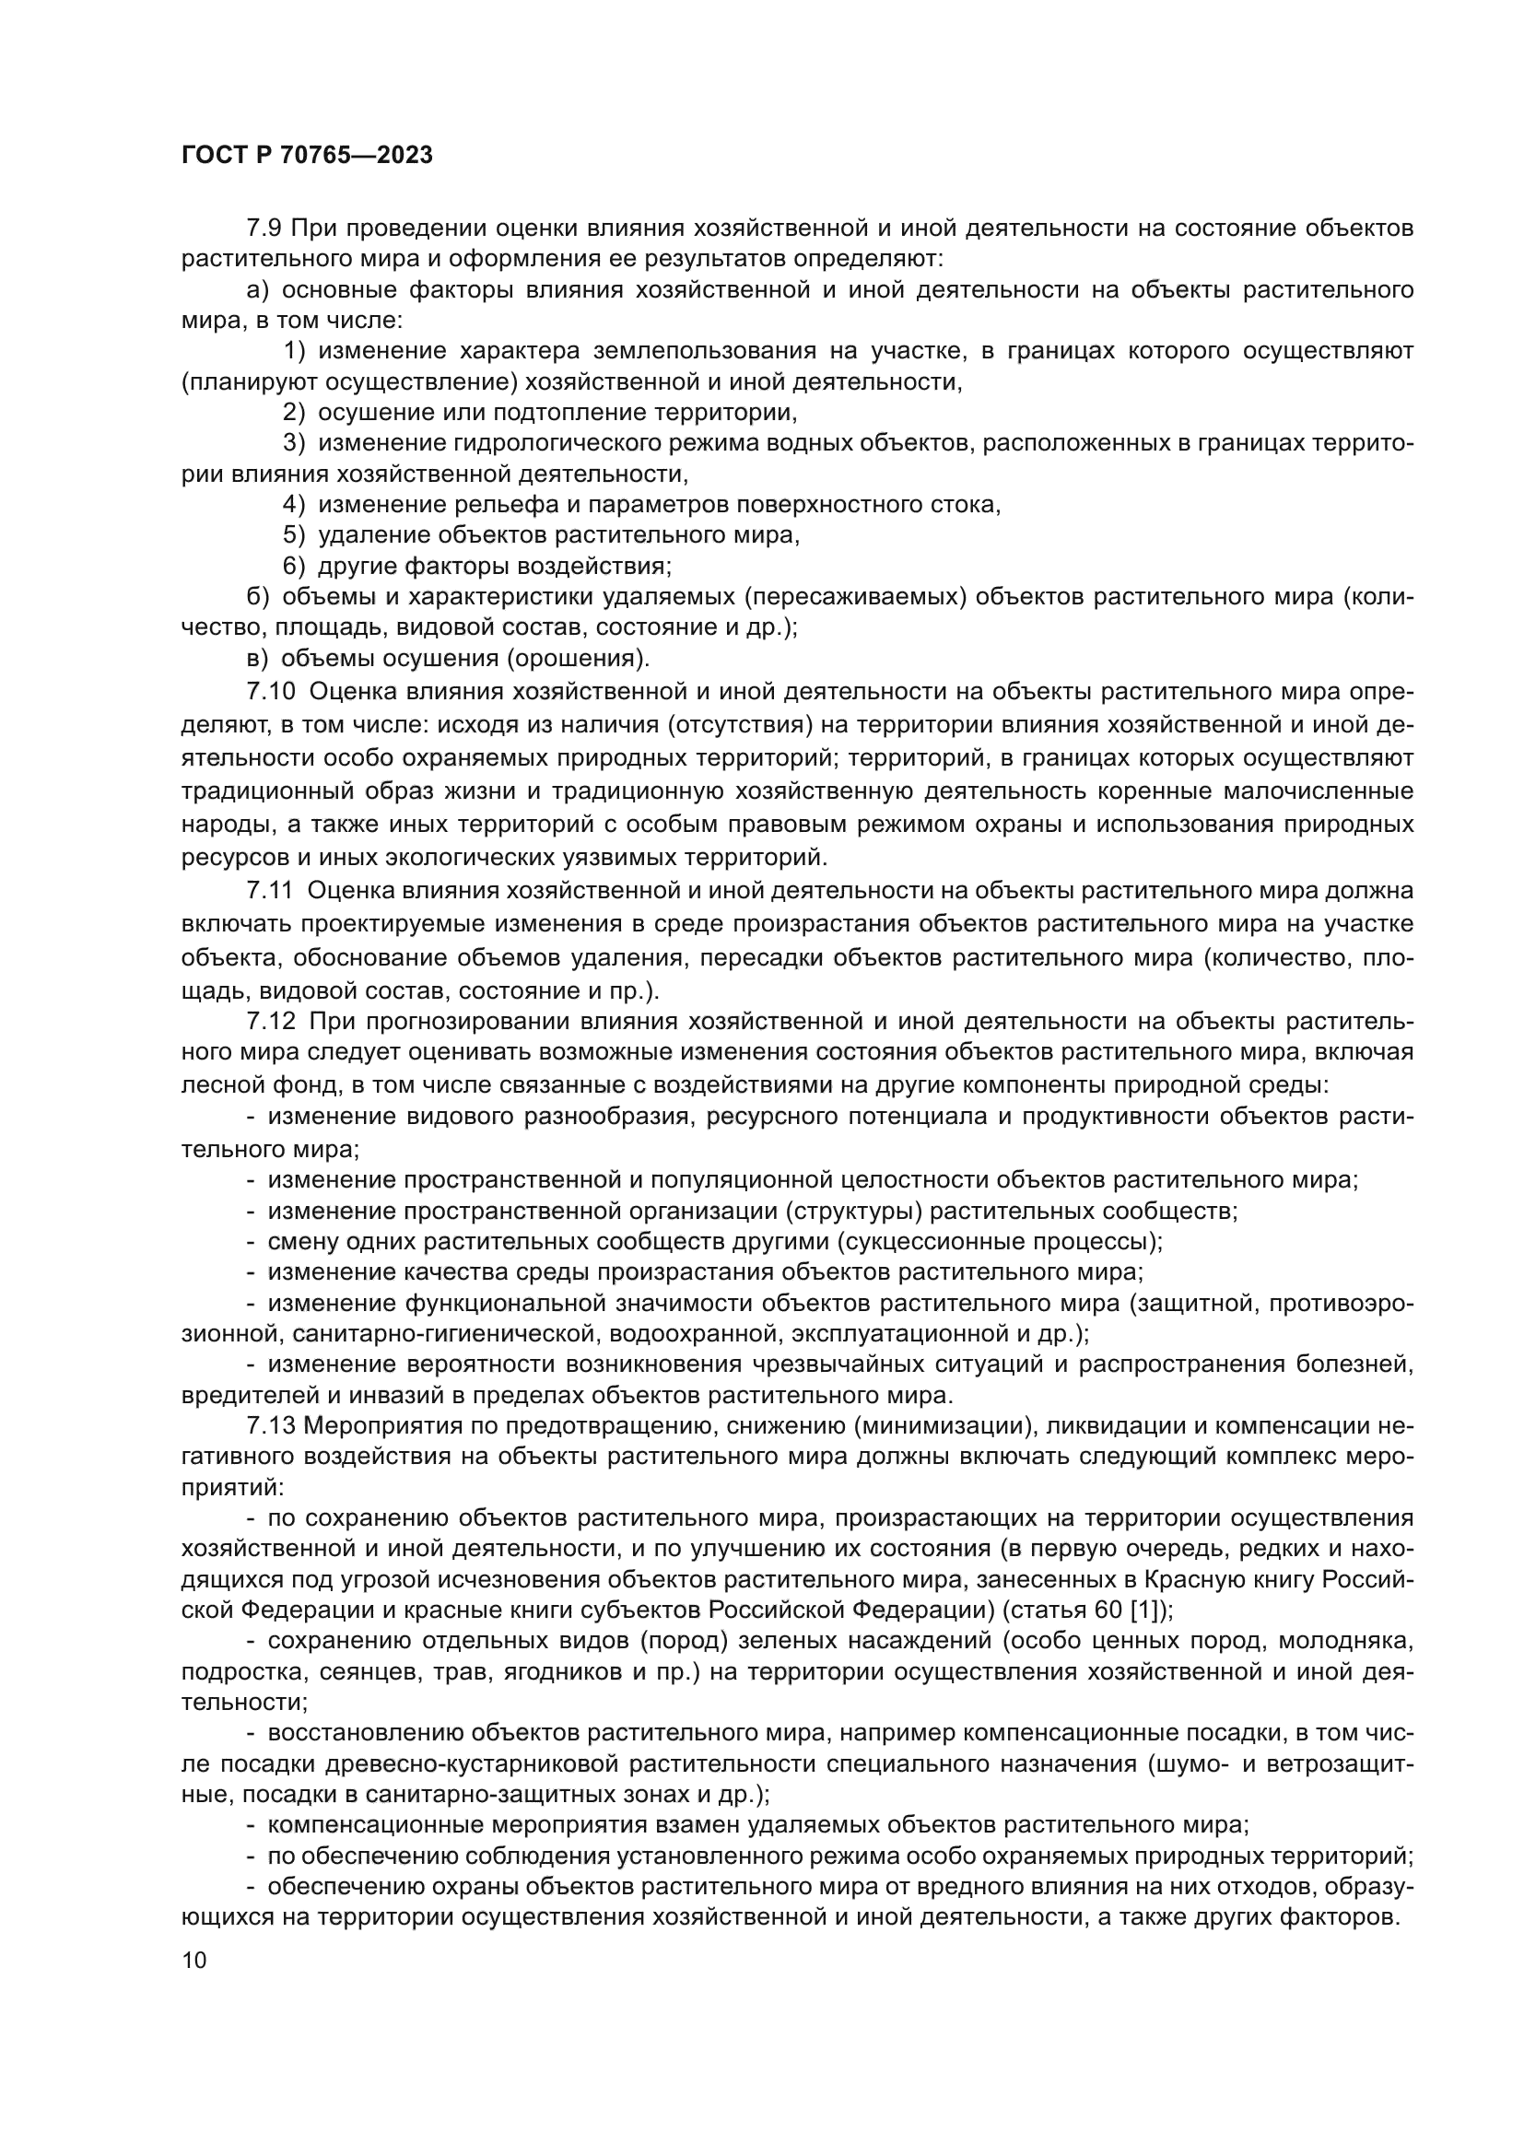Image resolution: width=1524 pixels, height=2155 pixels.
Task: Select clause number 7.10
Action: [270, 692]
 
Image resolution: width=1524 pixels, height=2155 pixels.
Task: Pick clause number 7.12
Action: [270, 1021]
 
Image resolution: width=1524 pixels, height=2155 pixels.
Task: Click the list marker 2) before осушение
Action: [294, 412]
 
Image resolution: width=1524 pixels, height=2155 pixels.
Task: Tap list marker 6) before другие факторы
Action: [294, 566]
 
